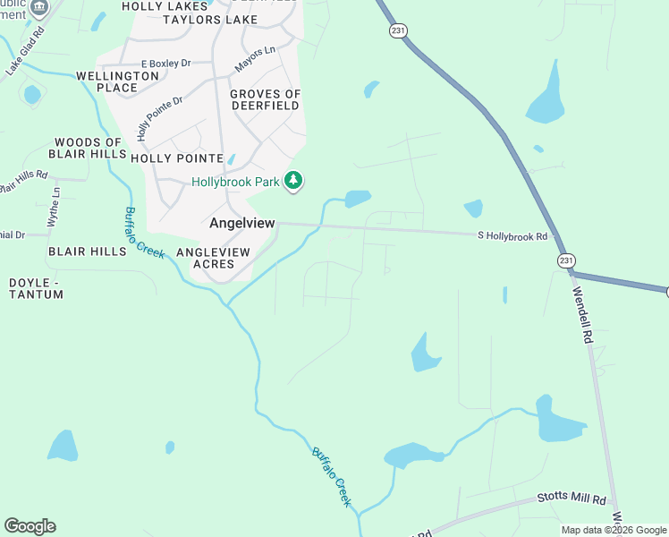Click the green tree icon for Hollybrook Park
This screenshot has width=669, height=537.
click(x=292, y=182)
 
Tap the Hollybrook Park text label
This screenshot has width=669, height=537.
click(x=235, y=182)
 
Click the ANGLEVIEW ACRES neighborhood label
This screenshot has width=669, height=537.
click(x=212, y=258)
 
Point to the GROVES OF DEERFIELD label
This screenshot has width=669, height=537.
click(x=265, y=100)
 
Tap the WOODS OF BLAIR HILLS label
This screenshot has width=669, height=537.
click(x=88, y=149)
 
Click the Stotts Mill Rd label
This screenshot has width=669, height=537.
click(x=572, y=499)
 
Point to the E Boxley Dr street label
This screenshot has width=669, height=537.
click(x=166, y=64)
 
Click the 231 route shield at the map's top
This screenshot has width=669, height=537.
click(x=398, y=30)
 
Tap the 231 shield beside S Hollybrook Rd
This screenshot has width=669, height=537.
click(x=564, y=260)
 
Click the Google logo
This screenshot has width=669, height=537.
click(x=30, y=526)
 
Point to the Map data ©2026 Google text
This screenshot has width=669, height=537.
click(x=614, y=530)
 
